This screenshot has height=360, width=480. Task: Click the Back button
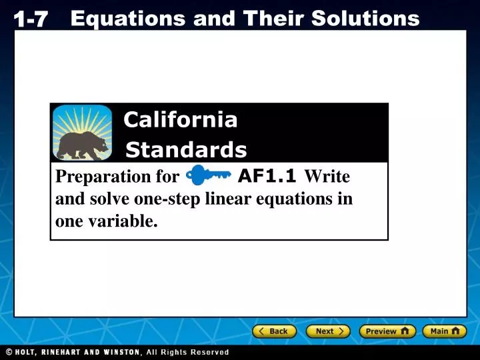(x=274, y=331)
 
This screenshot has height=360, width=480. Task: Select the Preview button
(x=387, y=331)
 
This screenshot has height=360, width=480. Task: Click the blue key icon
(x=208, y=176)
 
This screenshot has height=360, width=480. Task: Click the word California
(x=180, y=120)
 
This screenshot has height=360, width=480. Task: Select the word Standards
(x=186, y=150)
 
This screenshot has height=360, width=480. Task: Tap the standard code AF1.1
(x=267, y=176)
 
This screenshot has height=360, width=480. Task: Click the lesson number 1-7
(x=31, y=20)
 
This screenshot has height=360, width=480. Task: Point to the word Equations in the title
(x=127, y=19)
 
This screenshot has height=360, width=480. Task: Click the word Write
(x=327, y=177)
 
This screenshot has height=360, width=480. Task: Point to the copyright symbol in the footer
(x=9, y=352)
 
